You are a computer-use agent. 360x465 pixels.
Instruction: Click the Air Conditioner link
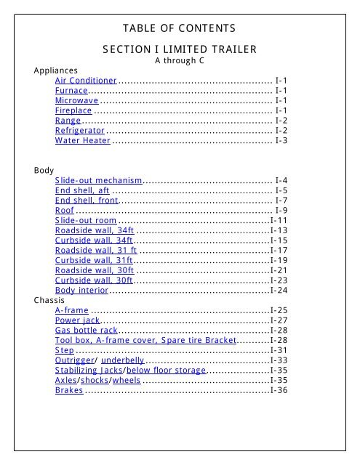tap(86, 80)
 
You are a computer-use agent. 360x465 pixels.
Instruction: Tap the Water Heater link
tap(82, 140)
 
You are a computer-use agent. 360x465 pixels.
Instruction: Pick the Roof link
tap(64, 210)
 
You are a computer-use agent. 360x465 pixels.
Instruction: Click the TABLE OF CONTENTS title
tap(180, 28)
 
